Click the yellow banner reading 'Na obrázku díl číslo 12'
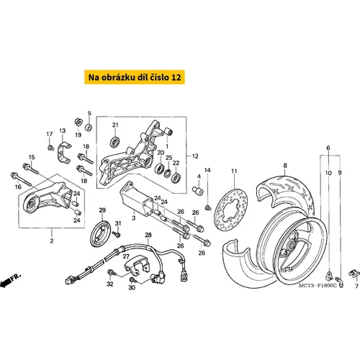(x=135, y=77)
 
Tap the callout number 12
(x=195, y=156)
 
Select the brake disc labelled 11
(x=230, y=209)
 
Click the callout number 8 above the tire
(x=285, y=166)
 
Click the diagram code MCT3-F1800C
(x=318, y=286)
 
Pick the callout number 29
(x=102, y=210)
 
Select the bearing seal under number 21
(x=115, y=142)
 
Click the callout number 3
(x=134, y=218)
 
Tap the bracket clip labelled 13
(x=63, y=152)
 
